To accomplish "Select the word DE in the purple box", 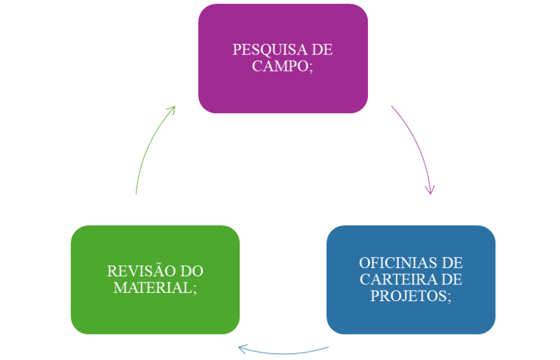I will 322,50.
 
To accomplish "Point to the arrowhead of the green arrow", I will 173,108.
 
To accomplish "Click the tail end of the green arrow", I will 136,193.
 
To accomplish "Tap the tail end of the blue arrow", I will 328,347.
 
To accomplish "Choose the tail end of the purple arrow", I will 392,107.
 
